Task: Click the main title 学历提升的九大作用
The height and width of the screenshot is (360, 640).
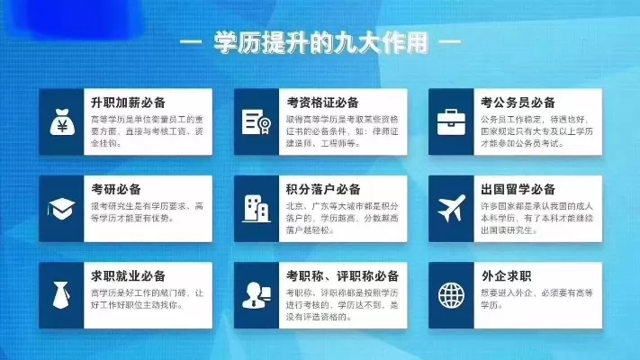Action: [320, 41]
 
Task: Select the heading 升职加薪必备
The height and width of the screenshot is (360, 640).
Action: [129, 103]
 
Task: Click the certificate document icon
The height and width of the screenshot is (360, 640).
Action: [257, 121]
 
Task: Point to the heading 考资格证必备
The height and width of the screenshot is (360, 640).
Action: [323, 103]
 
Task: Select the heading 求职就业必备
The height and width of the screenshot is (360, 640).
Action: [129, 275]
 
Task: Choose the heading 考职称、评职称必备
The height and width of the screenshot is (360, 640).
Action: [343, 275]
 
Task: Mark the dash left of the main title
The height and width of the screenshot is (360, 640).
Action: [192, 42]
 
